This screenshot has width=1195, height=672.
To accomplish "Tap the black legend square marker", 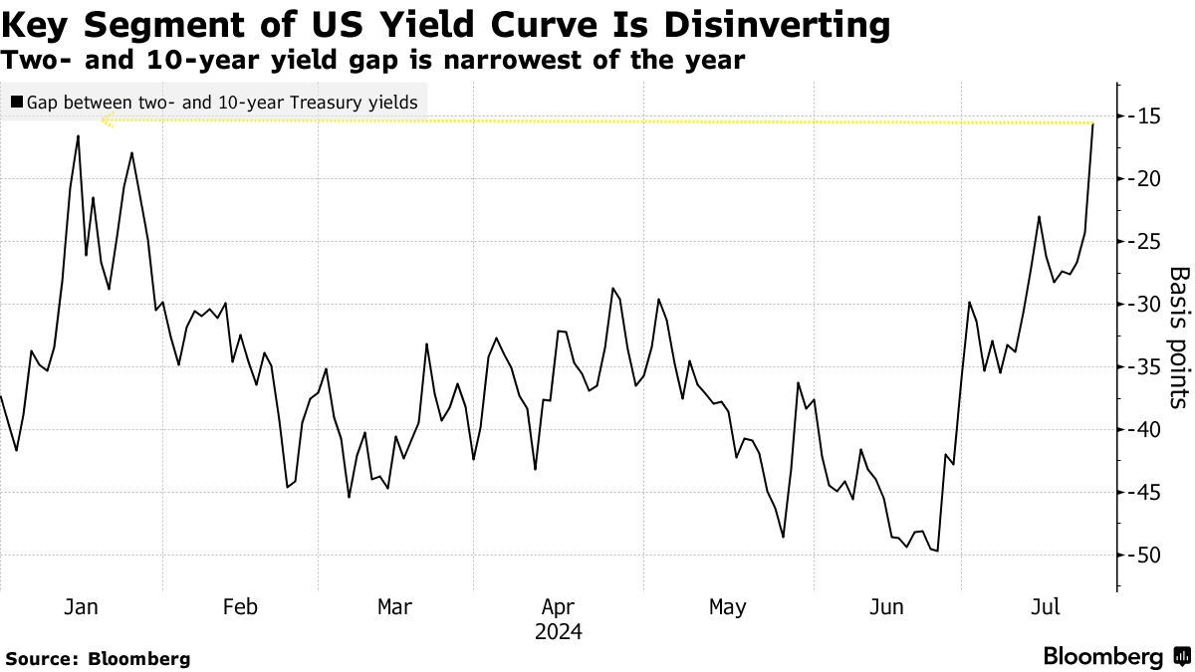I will pos(16,102).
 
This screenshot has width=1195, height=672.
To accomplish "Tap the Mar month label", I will pos(395,606).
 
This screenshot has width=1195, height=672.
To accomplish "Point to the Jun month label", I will pos(887,606).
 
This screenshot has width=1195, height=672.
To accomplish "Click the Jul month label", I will pos(1043,606).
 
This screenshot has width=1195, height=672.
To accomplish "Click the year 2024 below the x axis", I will pos(558,632).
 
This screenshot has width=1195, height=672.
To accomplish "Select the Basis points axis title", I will pos(1178,337).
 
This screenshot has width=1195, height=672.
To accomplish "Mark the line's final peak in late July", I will pos(1092,124).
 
